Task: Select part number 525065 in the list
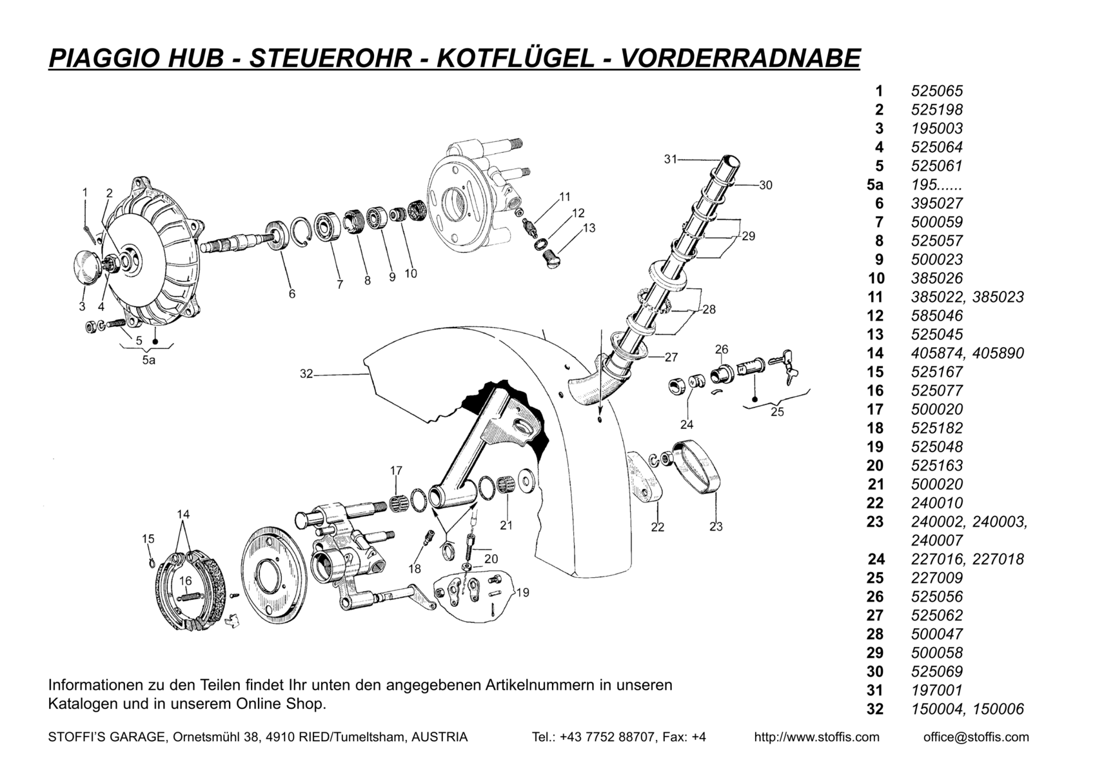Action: pyautogui.click(x=936, y=91)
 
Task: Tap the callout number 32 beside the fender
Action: pyautogui.click(x=306, y=373)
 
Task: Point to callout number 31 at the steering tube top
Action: pyautogui.click(x=671, y=159)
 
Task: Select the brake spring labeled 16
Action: pyautogui.click(x=186, y=597)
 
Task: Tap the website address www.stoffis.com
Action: pyautogui.click(x=816, y=737)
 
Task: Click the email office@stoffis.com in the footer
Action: pyautogui.click(x=976, y=737)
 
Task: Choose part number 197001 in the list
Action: pyautogui.click(x=936, y=690)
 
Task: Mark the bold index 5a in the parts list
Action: pyautogui.click(x=875, y=184)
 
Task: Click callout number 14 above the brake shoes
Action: pyautogui.click(x=183, y=514)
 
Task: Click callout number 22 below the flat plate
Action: pyautogui.click(x=657, y=527)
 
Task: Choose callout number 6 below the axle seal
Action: pyautogui.click(x=292, y=293)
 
